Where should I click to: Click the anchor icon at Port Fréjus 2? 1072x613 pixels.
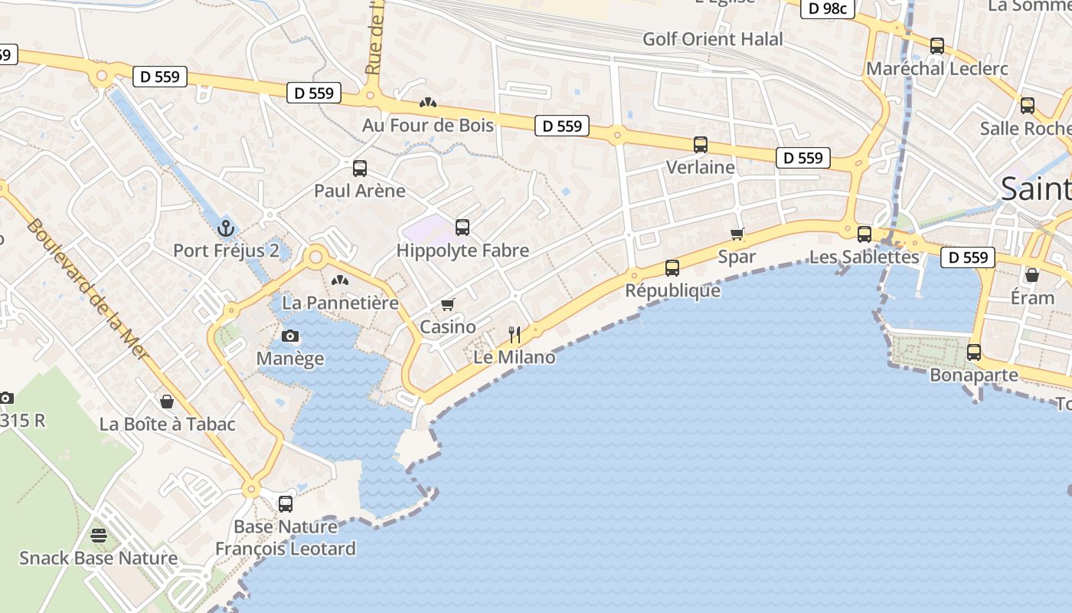click(225, 228)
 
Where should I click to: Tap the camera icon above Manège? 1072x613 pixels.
click(290, 336)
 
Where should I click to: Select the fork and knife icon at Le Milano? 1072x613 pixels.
click(515, 334)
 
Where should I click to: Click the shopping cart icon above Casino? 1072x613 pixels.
click(448, 305)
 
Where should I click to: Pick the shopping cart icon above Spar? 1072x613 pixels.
click(737, 234)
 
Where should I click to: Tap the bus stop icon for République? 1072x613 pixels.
click(672, 267)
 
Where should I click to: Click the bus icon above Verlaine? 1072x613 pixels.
click(700, 144)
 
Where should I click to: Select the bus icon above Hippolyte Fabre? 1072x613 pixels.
click(462, 227)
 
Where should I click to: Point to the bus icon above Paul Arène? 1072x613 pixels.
click(360, 168)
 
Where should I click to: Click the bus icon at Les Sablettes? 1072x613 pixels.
click(864, 234)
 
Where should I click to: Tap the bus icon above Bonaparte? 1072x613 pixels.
click(974, 352)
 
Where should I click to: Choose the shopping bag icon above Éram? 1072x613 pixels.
click(1032, 274)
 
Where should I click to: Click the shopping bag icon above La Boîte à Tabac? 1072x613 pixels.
click(167, 401)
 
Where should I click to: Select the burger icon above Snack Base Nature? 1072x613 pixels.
click(98, 535)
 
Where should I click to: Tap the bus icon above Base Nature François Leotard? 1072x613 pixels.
click(286, 503)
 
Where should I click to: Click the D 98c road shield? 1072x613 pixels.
click(827, 8)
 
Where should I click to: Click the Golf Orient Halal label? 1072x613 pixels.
click(713, 39)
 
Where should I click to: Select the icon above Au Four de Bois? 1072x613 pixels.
click(427, 102)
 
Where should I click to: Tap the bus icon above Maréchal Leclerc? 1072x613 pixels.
click(937, 45)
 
